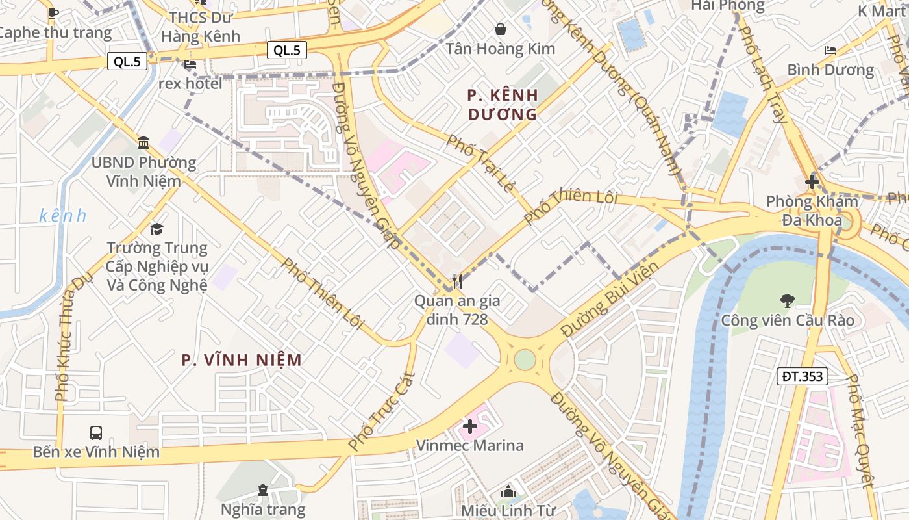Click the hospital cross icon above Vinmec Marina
pos(470,426)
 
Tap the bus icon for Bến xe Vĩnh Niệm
pos(96,432)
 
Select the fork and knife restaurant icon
pos(457,281)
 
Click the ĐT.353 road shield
pos(803,376)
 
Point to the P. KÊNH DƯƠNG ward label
pos(503,105)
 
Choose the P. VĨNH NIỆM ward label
pos(242,360)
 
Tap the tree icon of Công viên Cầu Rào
pos(787,300)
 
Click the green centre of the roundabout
pos(525,359)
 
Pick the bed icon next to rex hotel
pos(190,64)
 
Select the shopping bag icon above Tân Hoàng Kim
pos(501,29)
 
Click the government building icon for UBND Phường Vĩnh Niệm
pos(143,142)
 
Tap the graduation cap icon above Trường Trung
pos(156,229)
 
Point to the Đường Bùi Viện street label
pos(610,299)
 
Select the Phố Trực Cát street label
pos(381,411)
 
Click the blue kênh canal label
pos(62,216)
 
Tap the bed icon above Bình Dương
pos(830,50)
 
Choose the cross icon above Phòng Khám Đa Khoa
pos(812,182)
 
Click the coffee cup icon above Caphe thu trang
pos(53,12)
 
